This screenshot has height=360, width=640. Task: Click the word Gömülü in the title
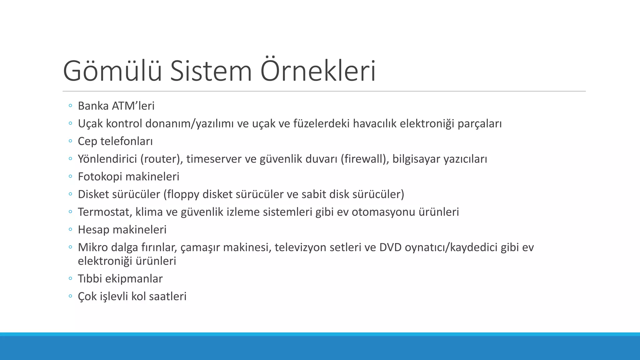click(x=112, y=71)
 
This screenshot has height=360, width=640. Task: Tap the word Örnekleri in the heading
click(x=318, y=71)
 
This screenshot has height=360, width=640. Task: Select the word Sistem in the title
click(x=211, y=71)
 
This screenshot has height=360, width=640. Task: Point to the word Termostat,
click(x=105, y=212)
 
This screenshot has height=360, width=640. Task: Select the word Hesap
click(x=93, y=230)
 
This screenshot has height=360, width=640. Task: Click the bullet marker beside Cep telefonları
click(x=70, y=141)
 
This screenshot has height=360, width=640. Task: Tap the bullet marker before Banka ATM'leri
click(x=70, y=106)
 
